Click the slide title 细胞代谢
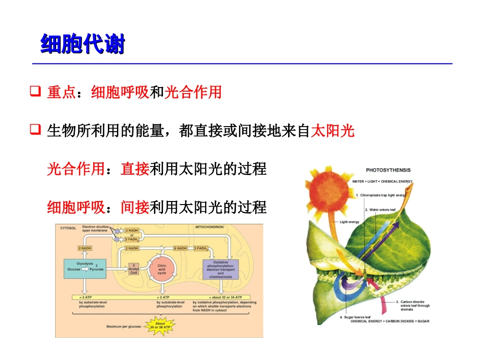[82, 45]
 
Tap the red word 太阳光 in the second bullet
[332, 132]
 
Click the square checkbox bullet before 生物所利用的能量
[35, 131]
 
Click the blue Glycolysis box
[84, 267]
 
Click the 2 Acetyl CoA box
[134, 269]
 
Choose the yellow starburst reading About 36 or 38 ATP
[160, 326]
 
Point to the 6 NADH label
[181, 248]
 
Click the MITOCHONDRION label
[210, 227]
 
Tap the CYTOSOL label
[68, 228]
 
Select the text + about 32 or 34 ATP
[226, 297]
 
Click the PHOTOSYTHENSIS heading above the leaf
[388, 170]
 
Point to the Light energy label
[350, 222]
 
